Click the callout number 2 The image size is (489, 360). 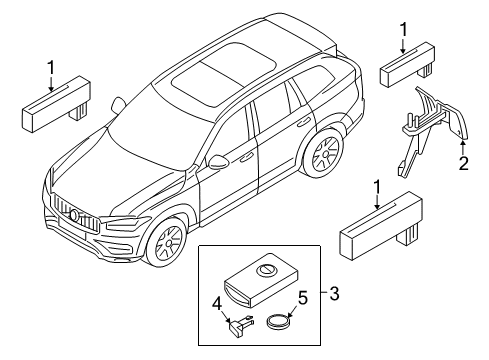point(463,164)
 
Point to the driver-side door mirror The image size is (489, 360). point(218,161)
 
